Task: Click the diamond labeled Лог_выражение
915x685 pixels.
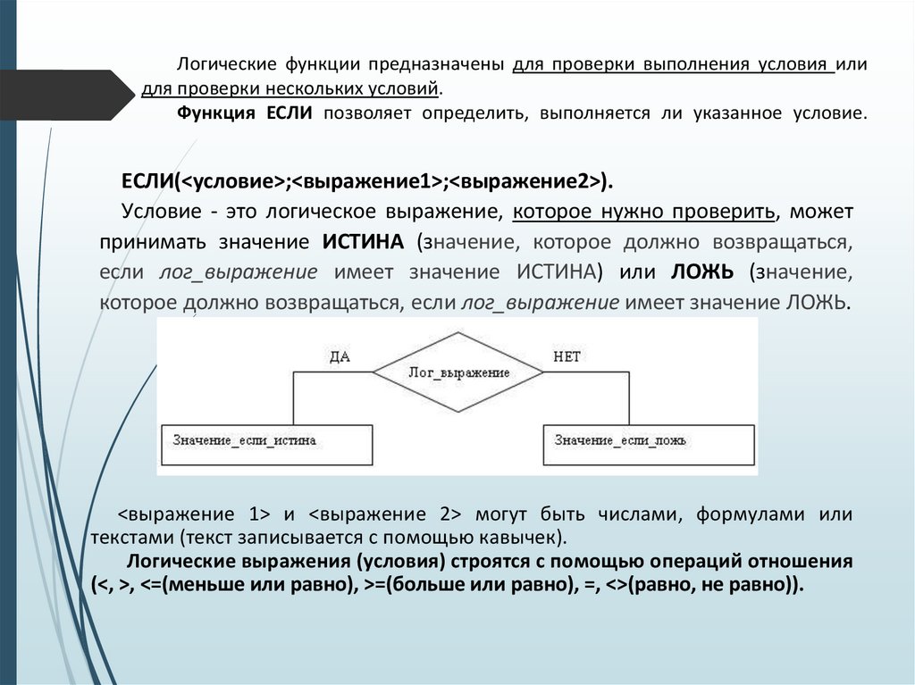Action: pos(457,372)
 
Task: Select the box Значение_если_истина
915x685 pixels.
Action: pos(267,443)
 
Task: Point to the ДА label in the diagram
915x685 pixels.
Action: pos(340,356)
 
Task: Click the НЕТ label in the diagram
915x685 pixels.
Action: pos(567,356)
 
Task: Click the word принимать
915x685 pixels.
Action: pos(147,242)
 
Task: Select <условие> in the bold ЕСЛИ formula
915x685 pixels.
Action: pos(233,180)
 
